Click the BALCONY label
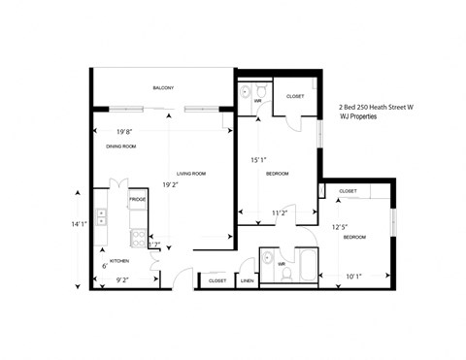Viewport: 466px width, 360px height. click(163, 88)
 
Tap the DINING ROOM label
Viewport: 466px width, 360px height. click(121, 147)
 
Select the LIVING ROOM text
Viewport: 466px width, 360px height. click(190, 174)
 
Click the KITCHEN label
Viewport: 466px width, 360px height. click(118, 261)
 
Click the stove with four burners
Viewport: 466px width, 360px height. click(139, 238)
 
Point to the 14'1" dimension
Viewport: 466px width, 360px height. click(79, 224)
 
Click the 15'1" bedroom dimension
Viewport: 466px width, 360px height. click(259, 160)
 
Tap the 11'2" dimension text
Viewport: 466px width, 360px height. click(280, 212)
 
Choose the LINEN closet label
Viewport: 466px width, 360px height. click(248, 280)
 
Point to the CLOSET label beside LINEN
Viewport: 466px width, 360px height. click(216, 280)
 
